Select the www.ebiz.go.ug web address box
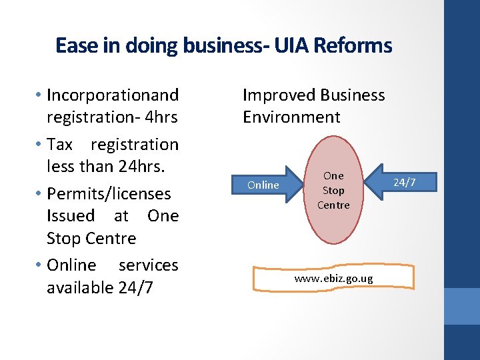click(334, 278)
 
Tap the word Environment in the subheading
click(291, 117)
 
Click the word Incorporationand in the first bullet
click(113, 95)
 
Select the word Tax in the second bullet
click(60, 145)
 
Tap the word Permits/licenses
click(109, 194)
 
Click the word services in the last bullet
click(148, 265)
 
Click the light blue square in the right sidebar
click(462, 306)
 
